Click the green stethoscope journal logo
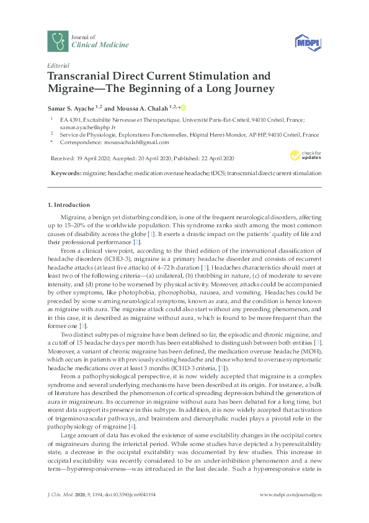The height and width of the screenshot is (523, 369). coord(58,41)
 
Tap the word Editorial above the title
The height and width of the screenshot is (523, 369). coord(58,65)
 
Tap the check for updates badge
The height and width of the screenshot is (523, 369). coord(306,155)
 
